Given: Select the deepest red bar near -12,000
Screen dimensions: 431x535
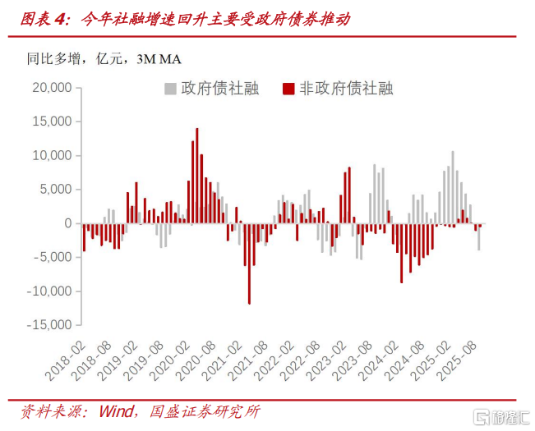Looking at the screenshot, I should coord(249,264).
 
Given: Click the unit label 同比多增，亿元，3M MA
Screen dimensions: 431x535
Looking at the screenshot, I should coord(104,58).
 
